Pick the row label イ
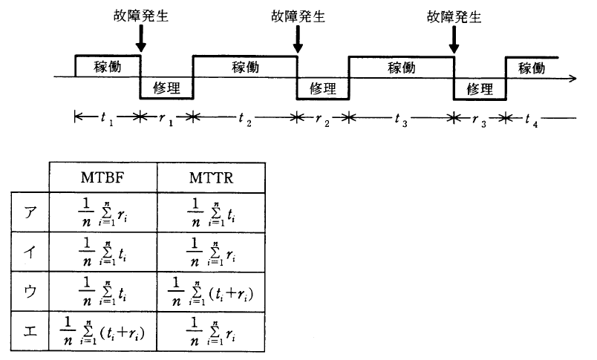click(30, 250)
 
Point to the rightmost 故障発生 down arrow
click(454, 41)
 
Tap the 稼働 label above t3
click(401, 67)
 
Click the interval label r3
click(478, 119)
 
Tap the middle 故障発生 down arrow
click(297, 41)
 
